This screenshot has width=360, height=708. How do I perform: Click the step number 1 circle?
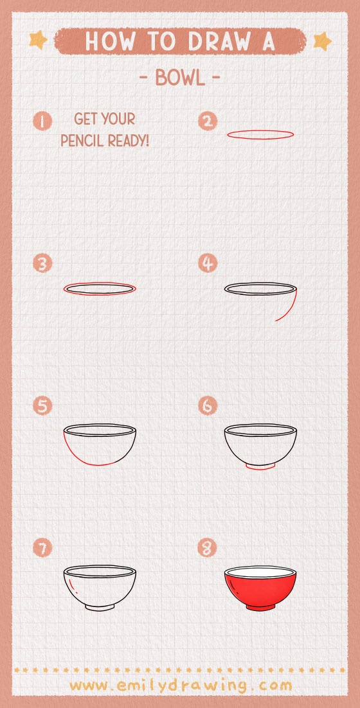[x=43, y=121]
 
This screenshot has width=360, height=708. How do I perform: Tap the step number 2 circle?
[x=208, y=121]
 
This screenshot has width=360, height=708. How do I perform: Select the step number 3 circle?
[x=43, y=263]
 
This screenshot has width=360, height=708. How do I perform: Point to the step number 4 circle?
[x=208, y=263]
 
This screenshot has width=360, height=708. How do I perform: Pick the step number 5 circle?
[x=43, y=406]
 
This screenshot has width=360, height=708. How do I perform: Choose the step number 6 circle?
[x=208, y=406]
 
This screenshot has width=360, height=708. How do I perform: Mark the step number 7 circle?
[x=43, y=548]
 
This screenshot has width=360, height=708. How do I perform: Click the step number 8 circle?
[x=208, y=548]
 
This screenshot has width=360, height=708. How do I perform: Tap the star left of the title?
[x=39, y=40]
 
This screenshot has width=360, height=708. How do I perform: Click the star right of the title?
[x=321, y=41]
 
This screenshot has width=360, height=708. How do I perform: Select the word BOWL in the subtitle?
[x=180, y=79]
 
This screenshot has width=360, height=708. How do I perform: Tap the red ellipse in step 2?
[x=260, y=134]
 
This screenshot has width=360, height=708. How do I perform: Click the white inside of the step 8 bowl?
[x=260, y=572]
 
